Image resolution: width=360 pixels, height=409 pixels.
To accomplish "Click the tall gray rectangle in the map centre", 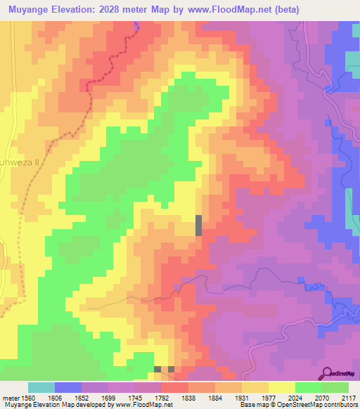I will tap(198, 225).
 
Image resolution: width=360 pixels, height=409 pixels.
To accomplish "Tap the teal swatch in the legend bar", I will tap(41, 387).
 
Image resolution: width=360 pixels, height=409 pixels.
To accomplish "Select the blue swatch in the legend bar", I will tap(68, 387).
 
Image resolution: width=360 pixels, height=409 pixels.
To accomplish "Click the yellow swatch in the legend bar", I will tap(281, 387).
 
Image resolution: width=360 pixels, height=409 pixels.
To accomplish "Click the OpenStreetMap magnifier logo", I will tap(327, 373).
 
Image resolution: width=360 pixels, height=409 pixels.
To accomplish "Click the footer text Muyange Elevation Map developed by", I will tap(49, 405).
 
